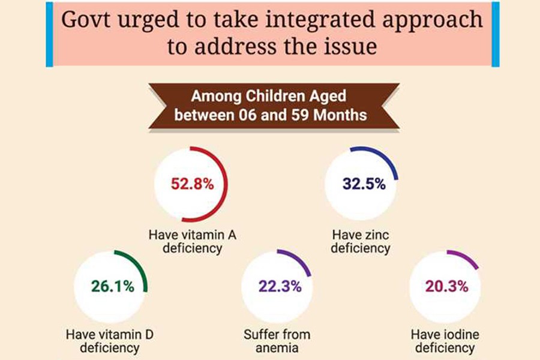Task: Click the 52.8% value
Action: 192,184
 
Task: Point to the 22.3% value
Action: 280,286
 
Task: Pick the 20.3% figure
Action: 446,286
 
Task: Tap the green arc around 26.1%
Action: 139,267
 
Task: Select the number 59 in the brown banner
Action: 301,114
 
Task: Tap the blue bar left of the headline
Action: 49,34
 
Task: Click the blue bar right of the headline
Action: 495,34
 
